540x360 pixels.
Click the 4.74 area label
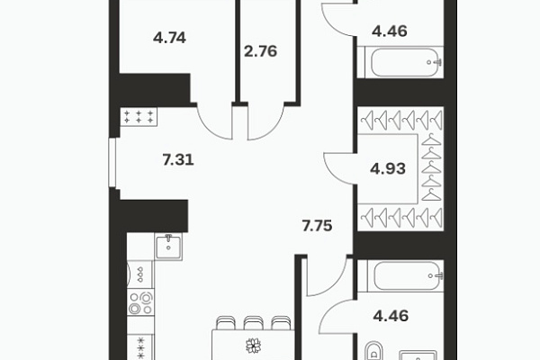169,38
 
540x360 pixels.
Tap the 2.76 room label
260,51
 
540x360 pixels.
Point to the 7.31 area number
178,160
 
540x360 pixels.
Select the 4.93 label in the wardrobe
388,169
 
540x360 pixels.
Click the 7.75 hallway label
317,226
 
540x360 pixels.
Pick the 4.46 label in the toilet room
391,316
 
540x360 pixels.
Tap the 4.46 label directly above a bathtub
390,31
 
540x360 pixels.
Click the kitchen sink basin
168,247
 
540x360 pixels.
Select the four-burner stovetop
140,303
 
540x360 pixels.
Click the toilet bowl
373,351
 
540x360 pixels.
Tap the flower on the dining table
253,346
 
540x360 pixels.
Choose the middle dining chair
254,323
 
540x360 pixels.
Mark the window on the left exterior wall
112,163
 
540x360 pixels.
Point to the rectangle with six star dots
139,116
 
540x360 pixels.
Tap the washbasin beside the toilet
418,355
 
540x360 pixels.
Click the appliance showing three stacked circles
140,274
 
